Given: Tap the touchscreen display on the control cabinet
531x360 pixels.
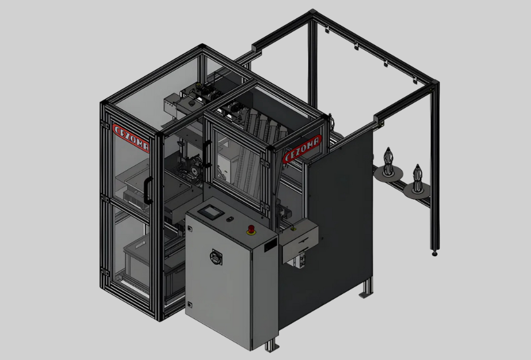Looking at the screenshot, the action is click(x=211, y=212).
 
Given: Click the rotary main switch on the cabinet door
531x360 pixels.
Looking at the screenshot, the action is click(x=216, y=257).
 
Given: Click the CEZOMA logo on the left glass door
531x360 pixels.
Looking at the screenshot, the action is click(x=130, y=138).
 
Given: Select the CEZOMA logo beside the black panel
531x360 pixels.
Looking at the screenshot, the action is click(x=302, y=149).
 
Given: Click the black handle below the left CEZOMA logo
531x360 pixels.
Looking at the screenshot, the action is click(x=148, y=190).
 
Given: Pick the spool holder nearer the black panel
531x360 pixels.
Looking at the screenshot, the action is click(x=388, y=166).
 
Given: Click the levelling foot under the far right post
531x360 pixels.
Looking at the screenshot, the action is click(x=435, y=253).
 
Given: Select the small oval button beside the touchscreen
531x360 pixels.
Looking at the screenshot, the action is click(x=230, y=219).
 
